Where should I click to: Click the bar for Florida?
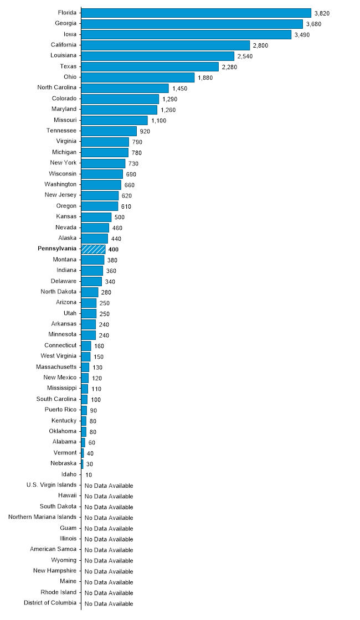[196, 13]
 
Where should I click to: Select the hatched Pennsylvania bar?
[93, 249]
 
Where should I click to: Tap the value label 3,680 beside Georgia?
[313, 24]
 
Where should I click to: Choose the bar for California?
[166, 45]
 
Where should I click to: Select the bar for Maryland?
[119, 109]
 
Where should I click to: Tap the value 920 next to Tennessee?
[145, 131]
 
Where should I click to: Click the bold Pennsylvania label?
[57, 249]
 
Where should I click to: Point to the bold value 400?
[114, 250]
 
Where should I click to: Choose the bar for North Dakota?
[90, 292]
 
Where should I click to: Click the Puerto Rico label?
[61, 410]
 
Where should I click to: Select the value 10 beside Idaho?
[89, 475]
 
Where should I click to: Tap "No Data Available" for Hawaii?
[109, 497]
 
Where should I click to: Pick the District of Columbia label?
[50, 603]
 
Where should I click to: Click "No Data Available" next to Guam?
[109, 529]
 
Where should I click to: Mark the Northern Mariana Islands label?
[43, 517]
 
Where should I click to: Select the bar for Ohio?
[138, 77]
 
